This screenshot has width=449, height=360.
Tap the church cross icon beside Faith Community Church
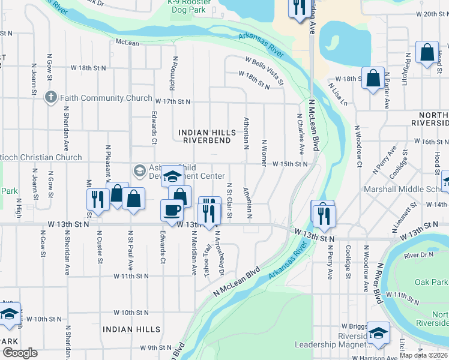[52, 97]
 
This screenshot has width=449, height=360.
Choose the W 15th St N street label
[290, 164]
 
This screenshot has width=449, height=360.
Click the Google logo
[20, 353]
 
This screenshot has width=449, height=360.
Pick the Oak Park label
[431, 282]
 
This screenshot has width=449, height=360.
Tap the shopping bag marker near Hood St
[427, 53]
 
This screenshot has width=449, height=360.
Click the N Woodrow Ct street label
[358, 146]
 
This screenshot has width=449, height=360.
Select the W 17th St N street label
[173, 102]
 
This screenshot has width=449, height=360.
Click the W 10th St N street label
[131, 313]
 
